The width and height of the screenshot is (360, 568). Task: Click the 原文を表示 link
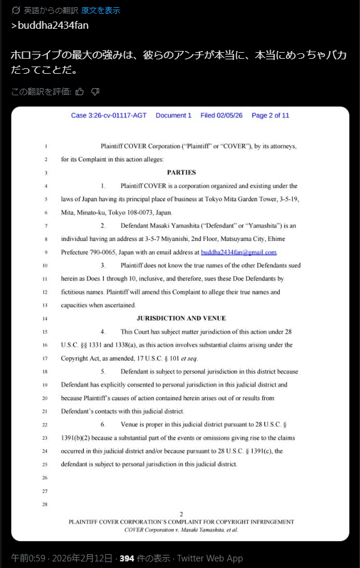point(101,10)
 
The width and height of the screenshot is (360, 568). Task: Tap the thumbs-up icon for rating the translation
point(80,92)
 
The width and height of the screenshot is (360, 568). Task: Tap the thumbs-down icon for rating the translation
point(95,92)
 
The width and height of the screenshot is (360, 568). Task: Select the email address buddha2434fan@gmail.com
point(238,252)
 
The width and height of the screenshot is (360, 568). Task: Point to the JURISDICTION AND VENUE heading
point(181,318)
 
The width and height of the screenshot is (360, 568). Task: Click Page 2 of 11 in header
point(270,116)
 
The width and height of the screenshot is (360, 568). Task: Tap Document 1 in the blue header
point(174,116)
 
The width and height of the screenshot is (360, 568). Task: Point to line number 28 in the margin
point(45,504)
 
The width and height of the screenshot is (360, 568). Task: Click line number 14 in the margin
point(45,319)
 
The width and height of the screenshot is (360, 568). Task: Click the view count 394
point(126,558)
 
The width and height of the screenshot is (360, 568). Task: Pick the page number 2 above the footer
point(181,514)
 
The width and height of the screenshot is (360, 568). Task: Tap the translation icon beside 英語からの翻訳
point(16,10)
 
